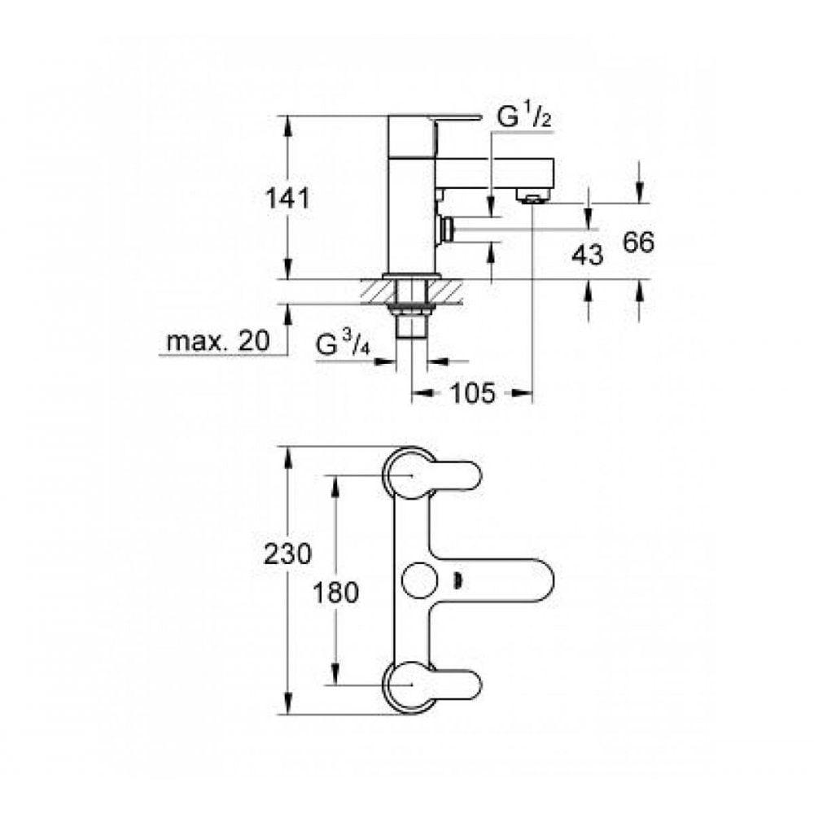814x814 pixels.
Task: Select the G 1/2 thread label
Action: coord(525,118)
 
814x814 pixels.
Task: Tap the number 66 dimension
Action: coord(639,243)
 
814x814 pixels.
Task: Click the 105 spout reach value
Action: coord(471,394)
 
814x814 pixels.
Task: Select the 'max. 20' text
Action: coord(217,342)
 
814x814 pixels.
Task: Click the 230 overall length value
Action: coord(287,555)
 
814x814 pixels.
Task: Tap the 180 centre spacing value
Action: coord(335,593)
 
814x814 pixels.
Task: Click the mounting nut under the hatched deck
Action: coord(412,309)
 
